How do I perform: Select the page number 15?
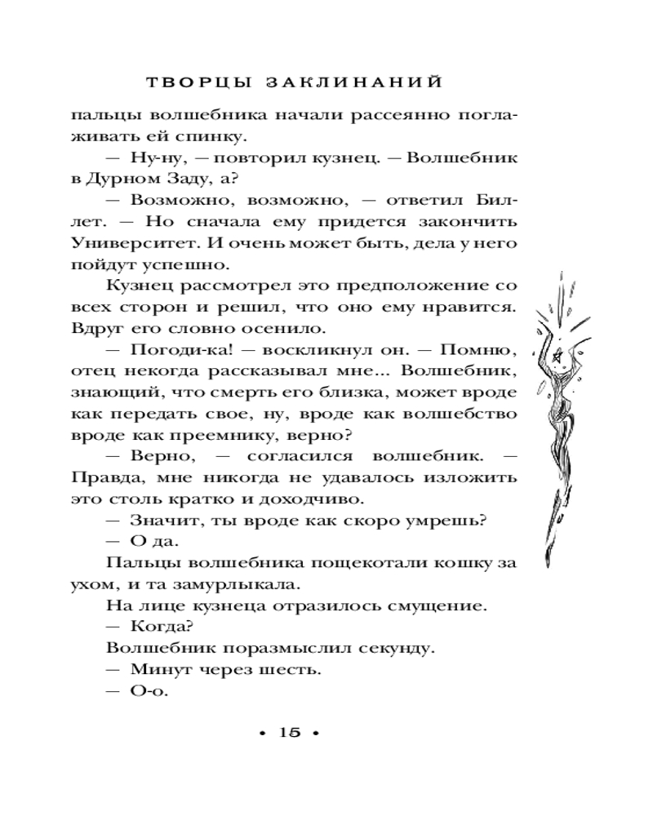click(x=291, y=732)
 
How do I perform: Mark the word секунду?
click(x=392, y=648)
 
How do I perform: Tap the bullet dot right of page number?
click(x=318, y=733)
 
